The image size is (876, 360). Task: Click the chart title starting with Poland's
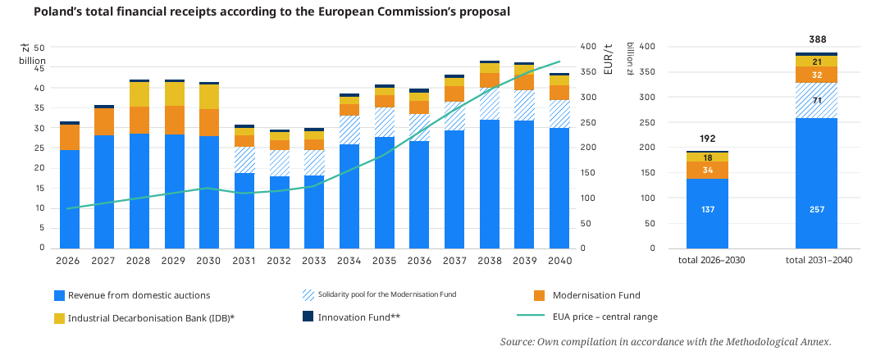pyautogui.click(x=272, y=11)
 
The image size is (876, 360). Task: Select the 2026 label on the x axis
pyautogui.click(x=69, y=261)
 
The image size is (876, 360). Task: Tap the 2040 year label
pyautogui.click(x=559, y=261)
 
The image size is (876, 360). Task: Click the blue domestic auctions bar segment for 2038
pyautogui.click(x=490, y=185)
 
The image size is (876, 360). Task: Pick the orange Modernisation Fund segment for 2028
pyautogui.click(x=139, y=120)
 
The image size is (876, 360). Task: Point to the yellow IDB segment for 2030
pyautogui.click(x=209, y=97)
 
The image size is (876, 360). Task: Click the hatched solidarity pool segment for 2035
pyautogui.click(x=385, y=122)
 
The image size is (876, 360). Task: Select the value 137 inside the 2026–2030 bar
pyautogui.click(x=707, y=209)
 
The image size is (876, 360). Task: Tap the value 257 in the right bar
pyautogui.click(x=816, y=209)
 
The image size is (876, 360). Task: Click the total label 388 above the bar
pyautogui.click(x=817, y=39)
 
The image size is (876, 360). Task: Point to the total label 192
pyautogui.click(x=707, y=139)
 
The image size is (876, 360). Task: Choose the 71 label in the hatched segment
pyautogui.click(x=817, y=101)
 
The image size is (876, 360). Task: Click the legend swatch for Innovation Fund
pyautogui.click(x=308, y=317)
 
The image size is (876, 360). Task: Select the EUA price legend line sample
pyautogui.click(x=530, y=317)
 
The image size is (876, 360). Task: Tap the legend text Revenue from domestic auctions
pyautogui.click(x=139, y=295)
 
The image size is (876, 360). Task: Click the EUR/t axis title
pyautogui.click(x=609, y=58)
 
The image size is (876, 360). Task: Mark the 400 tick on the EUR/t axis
pyautogui.click(x=588, y=46)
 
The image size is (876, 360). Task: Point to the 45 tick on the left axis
pyautogui.click(x=40, y=68)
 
